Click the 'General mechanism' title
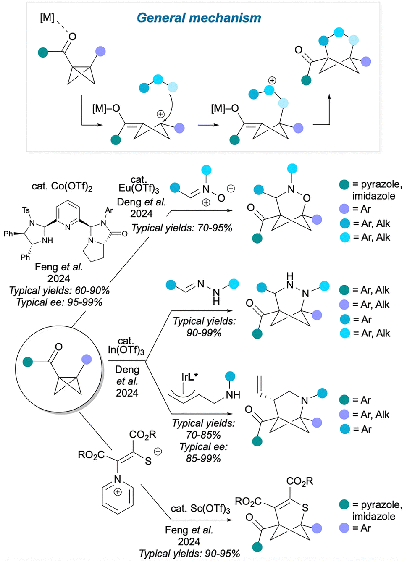click(x=199, y=18)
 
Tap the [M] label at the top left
click(x=47, y=18)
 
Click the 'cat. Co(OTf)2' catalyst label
click(x=62, y=186)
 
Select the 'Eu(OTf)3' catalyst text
click(x=139, y=189)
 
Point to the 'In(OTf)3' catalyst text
click(x=126, y=350)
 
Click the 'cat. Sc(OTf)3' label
click(x=200, y=509)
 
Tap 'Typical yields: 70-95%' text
click(x=182, y=228)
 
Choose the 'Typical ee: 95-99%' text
click(x=59, y=302)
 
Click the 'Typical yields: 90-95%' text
click(x=189, y=554)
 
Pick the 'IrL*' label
click(x=189, y=377)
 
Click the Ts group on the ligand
click(x=26, y=210)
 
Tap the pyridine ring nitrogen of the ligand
click(x=68, y=227)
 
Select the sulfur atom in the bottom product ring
click(x=305, y=508)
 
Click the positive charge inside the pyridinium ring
click(x=118, y=492)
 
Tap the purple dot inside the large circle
click(x=87, y=359)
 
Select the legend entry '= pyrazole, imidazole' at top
click(x=372, y=190)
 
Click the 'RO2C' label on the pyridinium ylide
click(x=91, y=455)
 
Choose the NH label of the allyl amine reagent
click(x=233, y=395)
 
